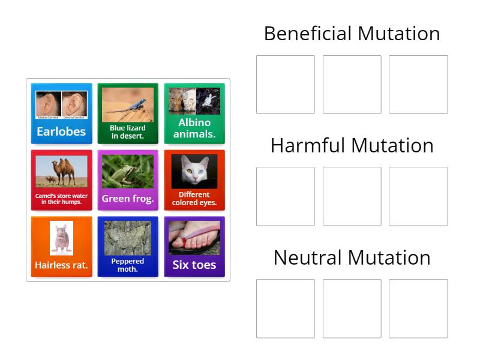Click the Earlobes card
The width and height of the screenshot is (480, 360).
pyautogui.click(x=61, y=113)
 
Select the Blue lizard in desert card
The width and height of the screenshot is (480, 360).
pyautogui.click(x=128, y=113)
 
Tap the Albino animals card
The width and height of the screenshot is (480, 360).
pyautogui.click(x=194, y=113)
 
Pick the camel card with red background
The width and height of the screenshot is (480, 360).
pyautogui.click(x=61, y=180)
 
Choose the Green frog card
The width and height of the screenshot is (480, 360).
pyautogui.click(x=128, y=180)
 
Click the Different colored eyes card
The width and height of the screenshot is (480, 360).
pyautogui.click(x=194, y=180)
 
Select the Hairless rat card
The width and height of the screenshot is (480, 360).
pyautogui.click(x=61, y=247)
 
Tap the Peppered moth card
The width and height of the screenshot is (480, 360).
pyautogui.click(x=128, y=247)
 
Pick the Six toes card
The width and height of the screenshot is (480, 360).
pyautogui.click(x=194, y=247)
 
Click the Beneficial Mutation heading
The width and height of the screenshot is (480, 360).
pyautogui.click(x=352, y=34)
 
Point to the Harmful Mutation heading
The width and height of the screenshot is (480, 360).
pyautogui.click(x=352, y=146)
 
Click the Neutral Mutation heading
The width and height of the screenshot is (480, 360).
pyautogui.click(x=352, y=258)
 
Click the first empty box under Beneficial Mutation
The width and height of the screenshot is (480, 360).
pyautogui.click(x=286, y=85)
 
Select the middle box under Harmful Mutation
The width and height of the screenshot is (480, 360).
pyautogui.click(x=352, y=196)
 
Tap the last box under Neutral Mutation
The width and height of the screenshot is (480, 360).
pyautogui.click(x=418, y=308)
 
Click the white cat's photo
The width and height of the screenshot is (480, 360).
pyautogui.click(x=194, y=171)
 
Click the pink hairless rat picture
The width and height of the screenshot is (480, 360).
pyautogui.click(x=61, y=238)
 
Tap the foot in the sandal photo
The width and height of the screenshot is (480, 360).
pyautogui.click(x=194, y=238)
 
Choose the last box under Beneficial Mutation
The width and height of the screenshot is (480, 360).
pyautogui.click(x=418, y=85)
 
